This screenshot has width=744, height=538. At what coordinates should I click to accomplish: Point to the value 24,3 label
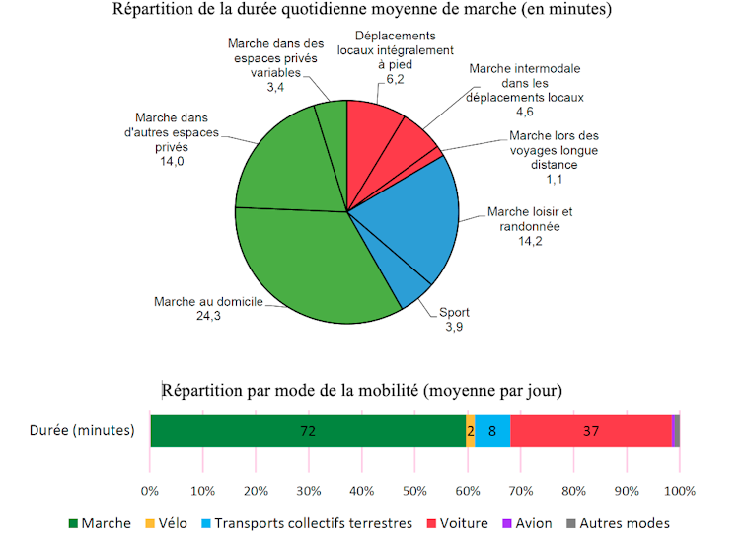pyautogui.click(x=207, y=316)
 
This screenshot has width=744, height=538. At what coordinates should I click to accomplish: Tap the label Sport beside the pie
pyautogui.click(x=454, y=312)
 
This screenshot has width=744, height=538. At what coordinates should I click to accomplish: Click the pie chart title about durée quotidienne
pyautogui.click(x=362, y=12)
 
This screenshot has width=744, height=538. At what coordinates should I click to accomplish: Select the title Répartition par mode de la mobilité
pyautogui.click(x=362, y=390)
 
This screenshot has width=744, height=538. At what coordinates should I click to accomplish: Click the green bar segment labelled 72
pyautogui.click(x=308, y=431)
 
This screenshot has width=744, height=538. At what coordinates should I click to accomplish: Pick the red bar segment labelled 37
pyautogui.click(x=591, y=431)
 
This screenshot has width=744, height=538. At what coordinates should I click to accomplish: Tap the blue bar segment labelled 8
pyautogui.click(x=492, y=431)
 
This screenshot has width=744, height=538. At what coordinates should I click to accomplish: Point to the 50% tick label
pyautogui.click(x=415, y=490)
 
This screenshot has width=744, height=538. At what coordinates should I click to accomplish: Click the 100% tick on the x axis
pyautogui.click(x=680, y=490)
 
